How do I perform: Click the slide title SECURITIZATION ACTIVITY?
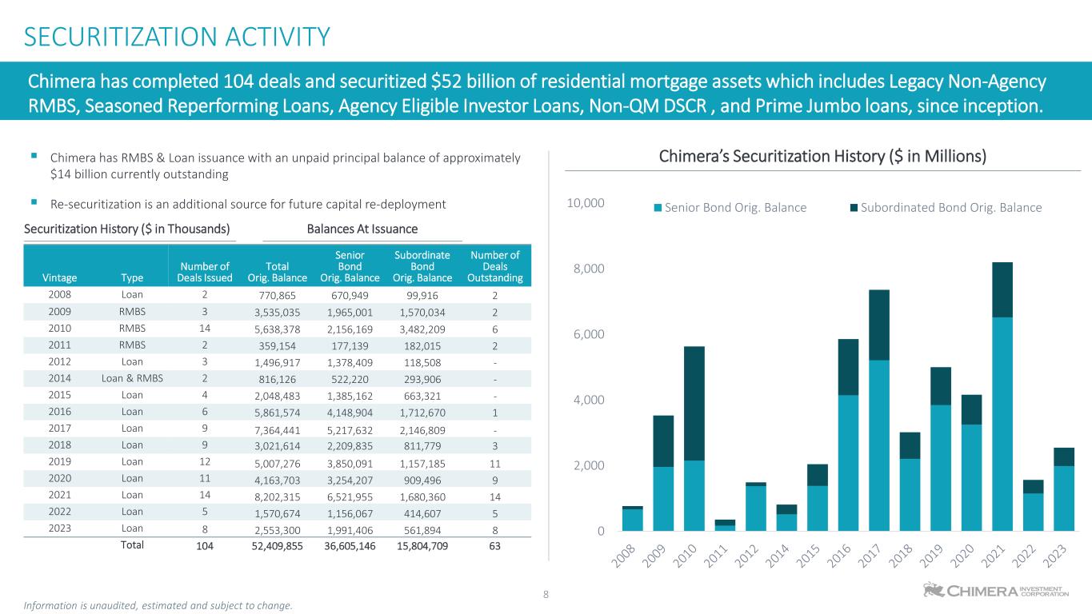click(x=177, y=37)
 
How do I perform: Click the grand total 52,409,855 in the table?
click(x=275, y=545)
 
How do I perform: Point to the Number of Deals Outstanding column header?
click(x=495, y=266)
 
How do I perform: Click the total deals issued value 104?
click(x=206, y=545)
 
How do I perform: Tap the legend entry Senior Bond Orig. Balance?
click(x=730, y=208)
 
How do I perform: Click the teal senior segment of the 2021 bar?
click(x=1002, y=424)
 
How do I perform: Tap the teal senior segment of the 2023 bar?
click(x=1064, y=498)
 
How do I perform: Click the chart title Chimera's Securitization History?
click(x=822, y=157)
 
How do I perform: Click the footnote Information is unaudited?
click(x=158, y=605)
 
